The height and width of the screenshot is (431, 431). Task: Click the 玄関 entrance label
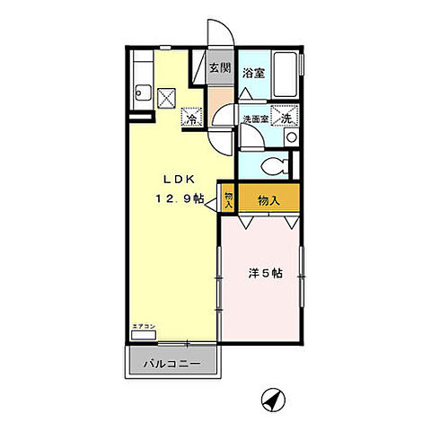click(x=221, y=67)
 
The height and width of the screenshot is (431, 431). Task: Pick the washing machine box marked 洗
click(x=286, y=118)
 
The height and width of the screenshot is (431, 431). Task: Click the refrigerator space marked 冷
click(x=192, y=118)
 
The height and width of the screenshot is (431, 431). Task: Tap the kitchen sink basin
click(x=141, y=92)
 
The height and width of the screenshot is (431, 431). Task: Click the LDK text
click(x=175, y=176)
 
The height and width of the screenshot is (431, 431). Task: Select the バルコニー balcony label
click(x=170, y=365)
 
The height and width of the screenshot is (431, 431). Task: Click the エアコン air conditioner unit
click(x=143, y=335)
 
